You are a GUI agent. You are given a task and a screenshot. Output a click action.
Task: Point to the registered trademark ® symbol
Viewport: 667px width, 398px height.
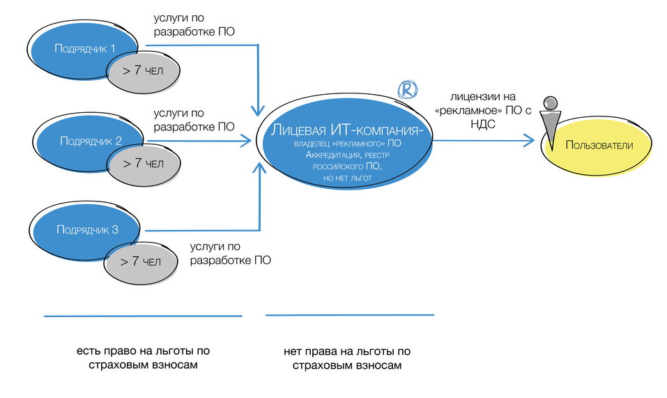coord(407,89)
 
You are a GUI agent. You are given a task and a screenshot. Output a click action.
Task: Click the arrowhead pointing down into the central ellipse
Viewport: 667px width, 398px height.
coord(259,111)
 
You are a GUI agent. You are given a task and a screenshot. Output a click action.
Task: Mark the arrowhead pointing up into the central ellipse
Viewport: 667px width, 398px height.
coord(259,169)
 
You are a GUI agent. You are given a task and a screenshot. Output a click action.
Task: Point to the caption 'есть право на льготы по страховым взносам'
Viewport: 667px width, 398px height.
coord(143,358)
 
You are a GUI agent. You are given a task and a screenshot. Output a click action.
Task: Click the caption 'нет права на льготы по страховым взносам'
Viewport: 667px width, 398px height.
coord(347,358)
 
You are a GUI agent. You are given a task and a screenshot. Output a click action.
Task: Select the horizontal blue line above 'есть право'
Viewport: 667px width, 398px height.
coord(143,316)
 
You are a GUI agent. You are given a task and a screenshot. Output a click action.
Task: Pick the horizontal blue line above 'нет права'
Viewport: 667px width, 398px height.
coord(349,315)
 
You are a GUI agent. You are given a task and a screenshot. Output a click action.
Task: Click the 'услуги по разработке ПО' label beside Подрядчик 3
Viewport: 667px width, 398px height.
coord(230,253)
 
